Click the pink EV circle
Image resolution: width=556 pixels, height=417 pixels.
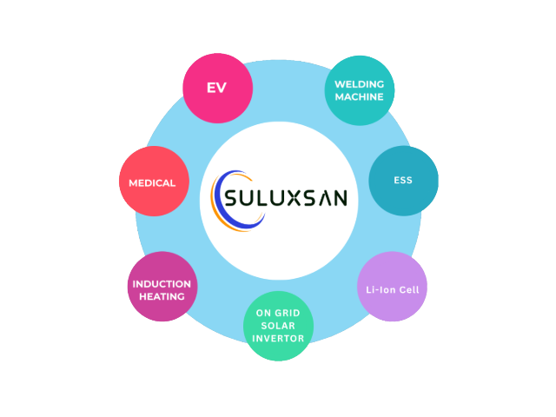point(216,89)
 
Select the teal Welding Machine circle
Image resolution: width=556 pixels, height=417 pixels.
point(359,90)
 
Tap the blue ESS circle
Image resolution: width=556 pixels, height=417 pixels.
point(402,182)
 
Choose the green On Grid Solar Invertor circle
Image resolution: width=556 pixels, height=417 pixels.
point(277,326)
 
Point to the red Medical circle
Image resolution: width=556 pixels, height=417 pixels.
point(152,182)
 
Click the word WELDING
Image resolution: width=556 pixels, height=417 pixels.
point(359,84)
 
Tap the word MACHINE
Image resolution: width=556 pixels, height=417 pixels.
point(359,96)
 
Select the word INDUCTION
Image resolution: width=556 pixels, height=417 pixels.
point(162,283)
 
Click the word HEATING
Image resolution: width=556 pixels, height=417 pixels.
point(162,296)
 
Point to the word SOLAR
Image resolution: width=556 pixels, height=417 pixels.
point(277,326)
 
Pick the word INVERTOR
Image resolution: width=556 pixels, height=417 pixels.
point(277,338)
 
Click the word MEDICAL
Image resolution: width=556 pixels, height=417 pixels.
point(152,182)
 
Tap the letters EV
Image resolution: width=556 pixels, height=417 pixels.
point(216,89)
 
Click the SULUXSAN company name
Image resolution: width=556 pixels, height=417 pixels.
point(286,197)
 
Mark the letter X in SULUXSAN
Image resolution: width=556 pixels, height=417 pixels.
point(292,197)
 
